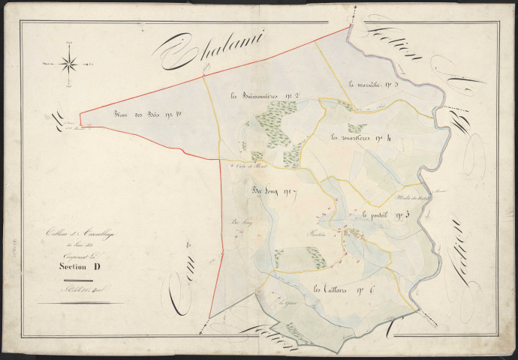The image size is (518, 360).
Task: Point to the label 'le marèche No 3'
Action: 377,85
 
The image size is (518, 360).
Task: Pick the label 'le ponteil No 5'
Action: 386,216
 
